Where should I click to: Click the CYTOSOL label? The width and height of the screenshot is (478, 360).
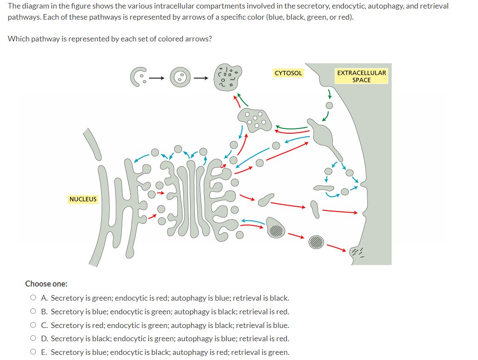[288, 73]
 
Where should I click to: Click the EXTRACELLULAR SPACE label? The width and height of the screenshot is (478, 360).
[361, 76]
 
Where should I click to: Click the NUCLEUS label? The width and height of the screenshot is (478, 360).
[83, 199]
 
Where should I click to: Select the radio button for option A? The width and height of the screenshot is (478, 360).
[33, 298]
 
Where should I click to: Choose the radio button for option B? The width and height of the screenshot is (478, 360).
[33, 312]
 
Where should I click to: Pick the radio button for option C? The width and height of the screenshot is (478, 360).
[33, 325]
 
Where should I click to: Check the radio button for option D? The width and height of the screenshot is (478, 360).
[33, 339]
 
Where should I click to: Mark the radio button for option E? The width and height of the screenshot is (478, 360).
[33, 352]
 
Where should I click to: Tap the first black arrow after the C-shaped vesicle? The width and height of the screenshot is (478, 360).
[157, 78]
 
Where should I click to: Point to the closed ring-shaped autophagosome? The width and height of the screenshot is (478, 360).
[181, 77]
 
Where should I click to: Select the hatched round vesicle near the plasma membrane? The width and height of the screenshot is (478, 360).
[317, 241]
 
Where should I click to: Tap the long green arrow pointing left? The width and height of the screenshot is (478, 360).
[291, 127]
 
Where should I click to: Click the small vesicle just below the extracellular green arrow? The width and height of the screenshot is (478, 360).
[329, 105]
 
